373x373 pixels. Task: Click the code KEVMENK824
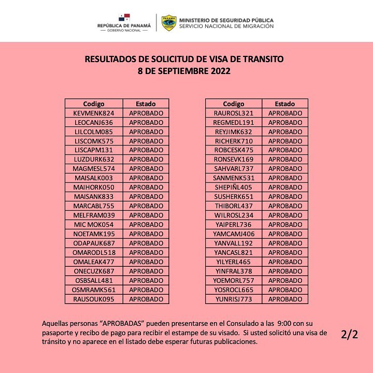pos(94,113)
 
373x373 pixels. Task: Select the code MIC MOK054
pos(94,224)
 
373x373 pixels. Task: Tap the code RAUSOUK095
pos(94,299)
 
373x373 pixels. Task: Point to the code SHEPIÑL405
pos(234,188)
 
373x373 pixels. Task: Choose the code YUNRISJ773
pos(234,299)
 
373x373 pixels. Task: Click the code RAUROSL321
pos(234,113)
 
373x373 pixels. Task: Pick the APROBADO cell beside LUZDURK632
pos(146,160)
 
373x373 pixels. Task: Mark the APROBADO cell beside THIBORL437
pos(285,206)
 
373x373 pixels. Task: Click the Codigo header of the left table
pos(94,104)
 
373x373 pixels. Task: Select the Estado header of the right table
pos(285,104)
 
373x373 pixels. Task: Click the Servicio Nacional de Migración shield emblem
pos(168,23)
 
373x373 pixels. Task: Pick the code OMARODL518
pos(94,252)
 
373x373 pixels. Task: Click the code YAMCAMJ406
pos(234,234)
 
